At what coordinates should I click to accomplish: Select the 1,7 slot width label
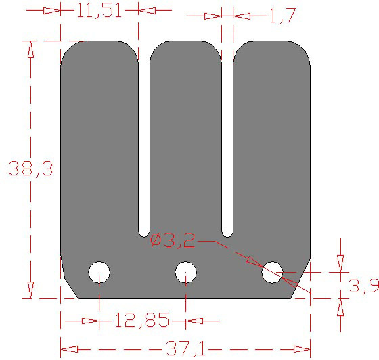(x=282, y=16)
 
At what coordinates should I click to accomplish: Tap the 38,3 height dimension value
(x=30, y=168)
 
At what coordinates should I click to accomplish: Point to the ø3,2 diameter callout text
(x=173, y=240)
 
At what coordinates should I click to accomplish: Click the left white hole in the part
(x=99, y=273)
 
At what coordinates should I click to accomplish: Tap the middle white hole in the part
(x=185, y=273)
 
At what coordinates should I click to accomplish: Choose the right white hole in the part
(x=272, y=273)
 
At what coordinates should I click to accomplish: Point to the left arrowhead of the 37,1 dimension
(x=68, y=349)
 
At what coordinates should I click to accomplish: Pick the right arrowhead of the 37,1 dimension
(x=303, y=349)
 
